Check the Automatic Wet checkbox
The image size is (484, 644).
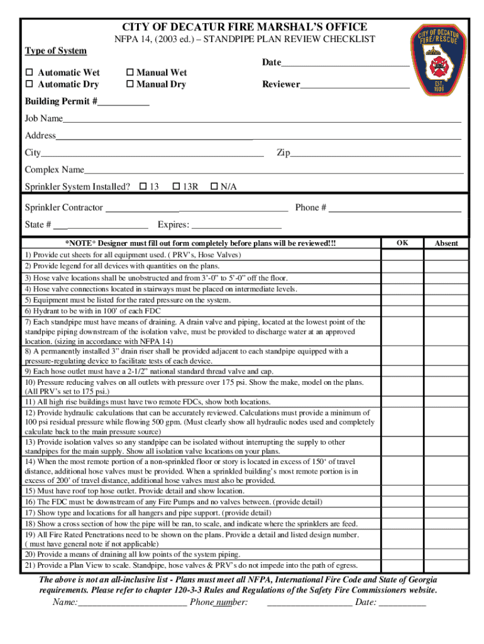coord(29,73)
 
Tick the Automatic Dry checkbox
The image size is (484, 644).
coord(29,84)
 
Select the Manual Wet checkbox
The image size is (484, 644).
coord(131,73)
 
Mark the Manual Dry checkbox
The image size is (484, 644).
coord(131,84)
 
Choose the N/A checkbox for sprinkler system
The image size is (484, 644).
coord(214,186)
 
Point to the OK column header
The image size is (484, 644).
coord(402,243)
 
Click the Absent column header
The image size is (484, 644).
coord(446,243)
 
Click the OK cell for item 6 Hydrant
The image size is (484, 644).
coord(402,311)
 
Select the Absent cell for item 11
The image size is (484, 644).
coord(446,401)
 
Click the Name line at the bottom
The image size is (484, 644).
coord(132,603)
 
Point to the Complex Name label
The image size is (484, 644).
coord(54,170)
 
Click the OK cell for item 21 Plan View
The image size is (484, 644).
coord(402,565)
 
